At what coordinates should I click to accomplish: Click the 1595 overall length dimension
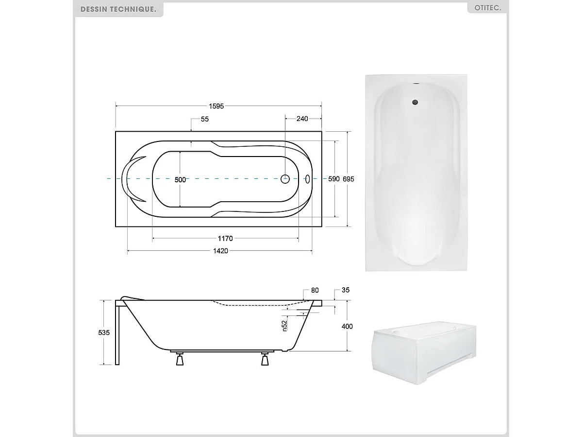(216, 106)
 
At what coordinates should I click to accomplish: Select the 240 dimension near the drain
(302, 119)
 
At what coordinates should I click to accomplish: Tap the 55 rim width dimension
(204, 119)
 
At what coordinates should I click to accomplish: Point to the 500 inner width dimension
(180, 179)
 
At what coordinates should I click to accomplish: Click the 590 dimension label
(334, 179)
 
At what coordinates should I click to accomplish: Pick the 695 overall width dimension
(349, 179)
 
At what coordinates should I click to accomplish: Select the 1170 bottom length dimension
(225, 238)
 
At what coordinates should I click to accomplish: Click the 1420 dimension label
(220, 251)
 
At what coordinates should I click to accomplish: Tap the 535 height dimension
(104, 332)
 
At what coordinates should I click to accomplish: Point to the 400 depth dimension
(347, 326)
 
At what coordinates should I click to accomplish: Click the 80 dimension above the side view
(315, 290)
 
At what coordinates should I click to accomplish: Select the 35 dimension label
(346, 290)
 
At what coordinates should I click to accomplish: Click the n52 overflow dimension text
(285, 325)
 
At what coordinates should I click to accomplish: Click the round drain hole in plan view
(285, 179)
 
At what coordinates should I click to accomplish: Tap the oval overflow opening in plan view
(308, 179)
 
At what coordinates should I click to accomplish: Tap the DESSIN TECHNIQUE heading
(118, 9)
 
